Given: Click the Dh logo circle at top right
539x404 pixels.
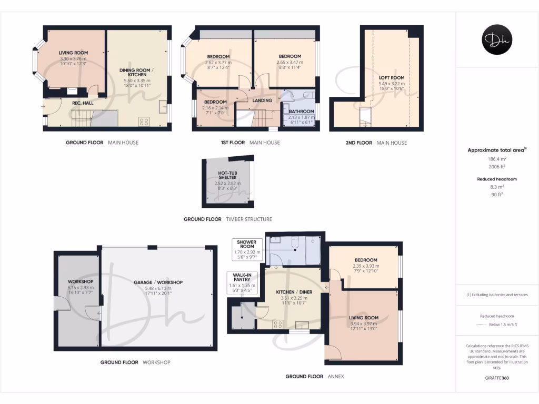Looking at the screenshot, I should tap(497, 39).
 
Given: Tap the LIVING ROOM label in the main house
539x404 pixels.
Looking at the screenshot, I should tap(73, 53).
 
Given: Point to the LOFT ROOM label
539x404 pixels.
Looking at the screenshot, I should tap(392, 78).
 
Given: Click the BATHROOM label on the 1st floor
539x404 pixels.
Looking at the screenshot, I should tap(301, 112).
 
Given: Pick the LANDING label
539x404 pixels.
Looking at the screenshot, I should tap(262, 100).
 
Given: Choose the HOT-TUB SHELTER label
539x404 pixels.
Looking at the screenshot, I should tap(227, 175).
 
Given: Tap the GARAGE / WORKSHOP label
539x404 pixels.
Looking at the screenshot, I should tap(158, 282).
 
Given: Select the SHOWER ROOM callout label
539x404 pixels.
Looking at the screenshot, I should tap(246, 244).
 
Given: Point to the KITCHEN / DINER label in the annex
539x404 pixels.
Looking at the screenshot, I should tap(291, 292).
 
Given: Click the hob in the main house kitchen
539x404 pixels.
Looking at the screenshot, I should tap(143, 122).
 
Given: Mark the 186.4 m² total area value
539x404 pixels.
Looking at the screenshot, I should tap(496, 158).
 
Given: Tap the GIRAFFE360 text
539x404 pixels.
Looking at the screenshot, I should tap(496, 378).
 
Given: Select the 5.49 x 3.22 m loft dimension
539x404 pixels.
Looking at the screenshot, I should tap(392, 84).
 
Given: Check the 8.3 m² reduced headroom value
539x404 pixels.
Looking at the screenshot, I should tap(496, 187).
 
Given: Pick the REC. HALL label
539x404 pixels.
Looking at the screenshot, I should tap(83, 103).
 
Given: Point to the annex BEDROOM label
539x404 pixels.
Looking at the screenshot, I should tap(365, 260).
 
